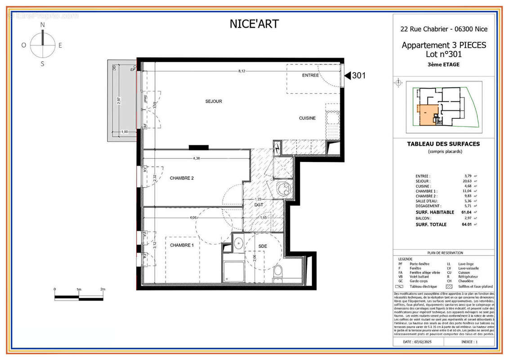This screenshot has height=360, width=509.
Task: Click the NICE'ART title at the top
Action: (x=254, y=24)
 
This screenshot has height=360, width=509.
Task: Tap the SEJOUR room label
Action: (x=214, y=102)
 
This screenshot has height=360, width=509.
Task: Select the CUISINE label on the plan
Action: (x=308, y=118)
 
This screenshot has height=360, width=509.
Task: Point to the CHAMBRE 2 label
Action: (x=182, y=178)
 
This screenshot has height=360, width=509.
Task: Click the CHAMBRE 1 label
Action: (x=182, y=245)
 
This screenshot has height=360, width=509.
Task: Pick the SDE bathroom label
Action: (x=263, y=246)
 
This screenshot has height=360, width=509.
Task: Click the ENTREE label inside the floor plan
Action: (x=310, y=75)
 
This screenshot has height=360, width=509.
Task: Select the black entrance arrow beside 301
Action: (x=347, y=76)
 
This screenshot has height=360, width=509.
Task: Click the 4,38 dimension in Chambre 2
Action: (x=196, y=158)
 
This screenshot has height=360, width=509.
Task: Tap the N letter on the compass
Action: (x=43, y=25)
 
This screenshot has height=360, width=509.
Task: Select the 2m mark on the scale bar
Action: (x=103, y=289)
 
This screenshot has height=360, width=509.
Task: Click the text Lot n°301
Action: (x=444, y=54)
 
